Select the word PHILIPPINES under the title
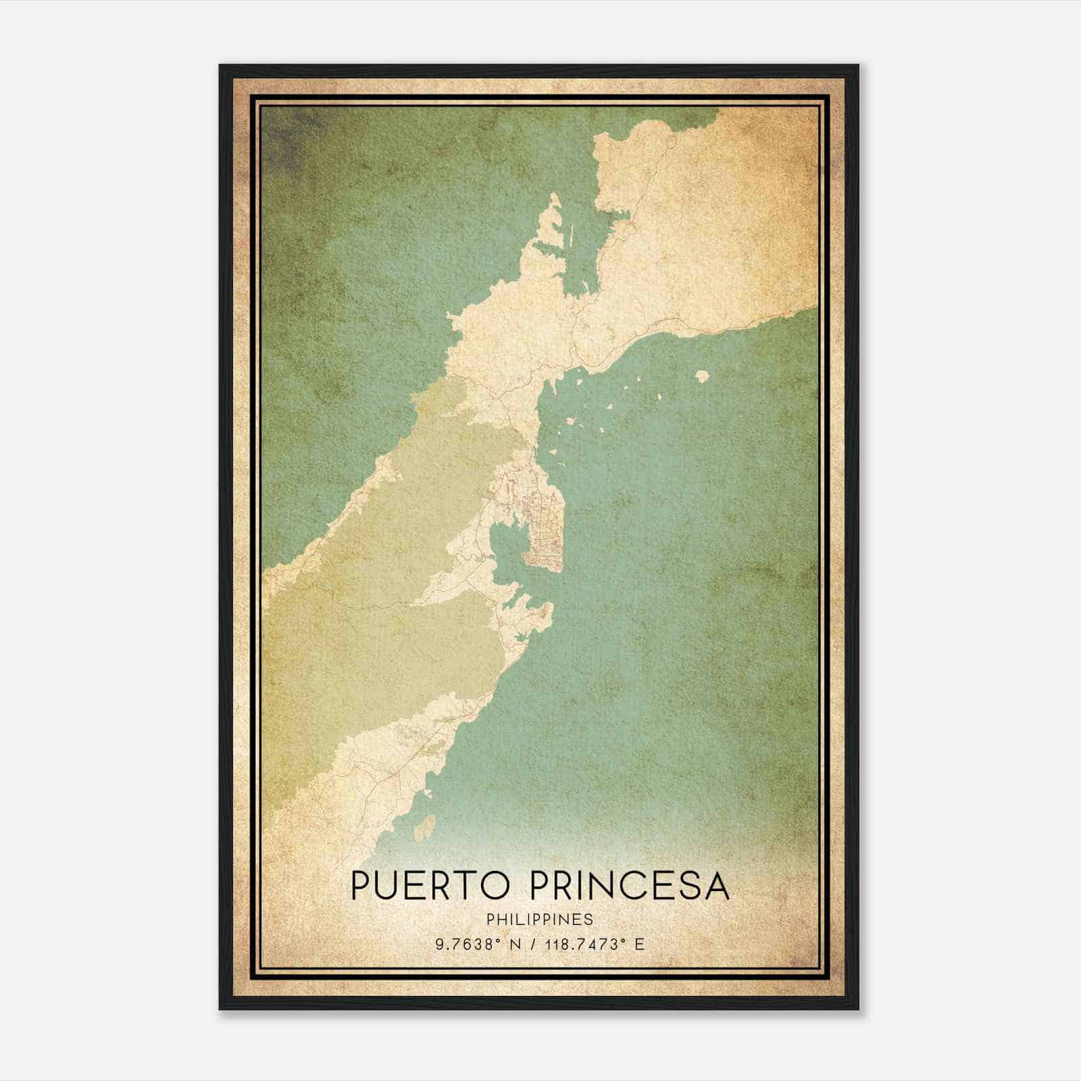(539, 920)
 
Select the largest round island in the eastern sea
(703, 376)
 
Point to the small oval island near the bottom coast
(425, 827)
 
